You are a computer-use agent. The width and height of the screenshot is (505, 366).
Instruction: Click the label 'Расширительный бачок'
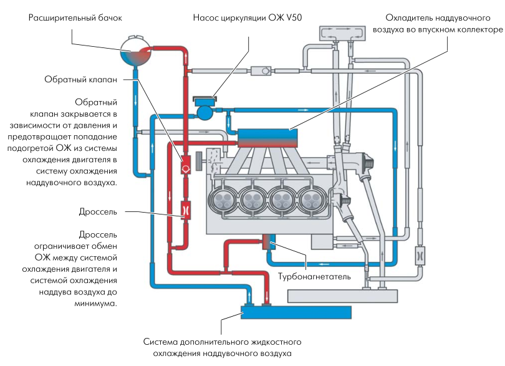75,18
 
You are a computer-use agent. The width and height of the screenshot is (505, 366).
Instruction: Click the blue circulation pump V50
204,110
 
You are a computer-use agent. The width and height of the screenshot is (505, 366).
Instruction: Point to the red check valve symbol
185,168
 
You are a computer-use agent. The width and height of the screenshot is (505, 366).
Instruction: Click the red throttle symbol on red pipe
185,210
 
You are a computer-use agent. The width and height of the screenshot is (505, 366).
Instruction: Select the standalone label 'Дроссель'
99,211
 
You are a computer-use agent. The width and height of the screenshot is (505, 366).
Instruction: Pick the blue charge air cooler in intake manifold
265,135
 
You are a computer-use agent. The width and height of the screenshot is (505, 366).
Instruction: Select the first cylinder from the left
223,201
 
